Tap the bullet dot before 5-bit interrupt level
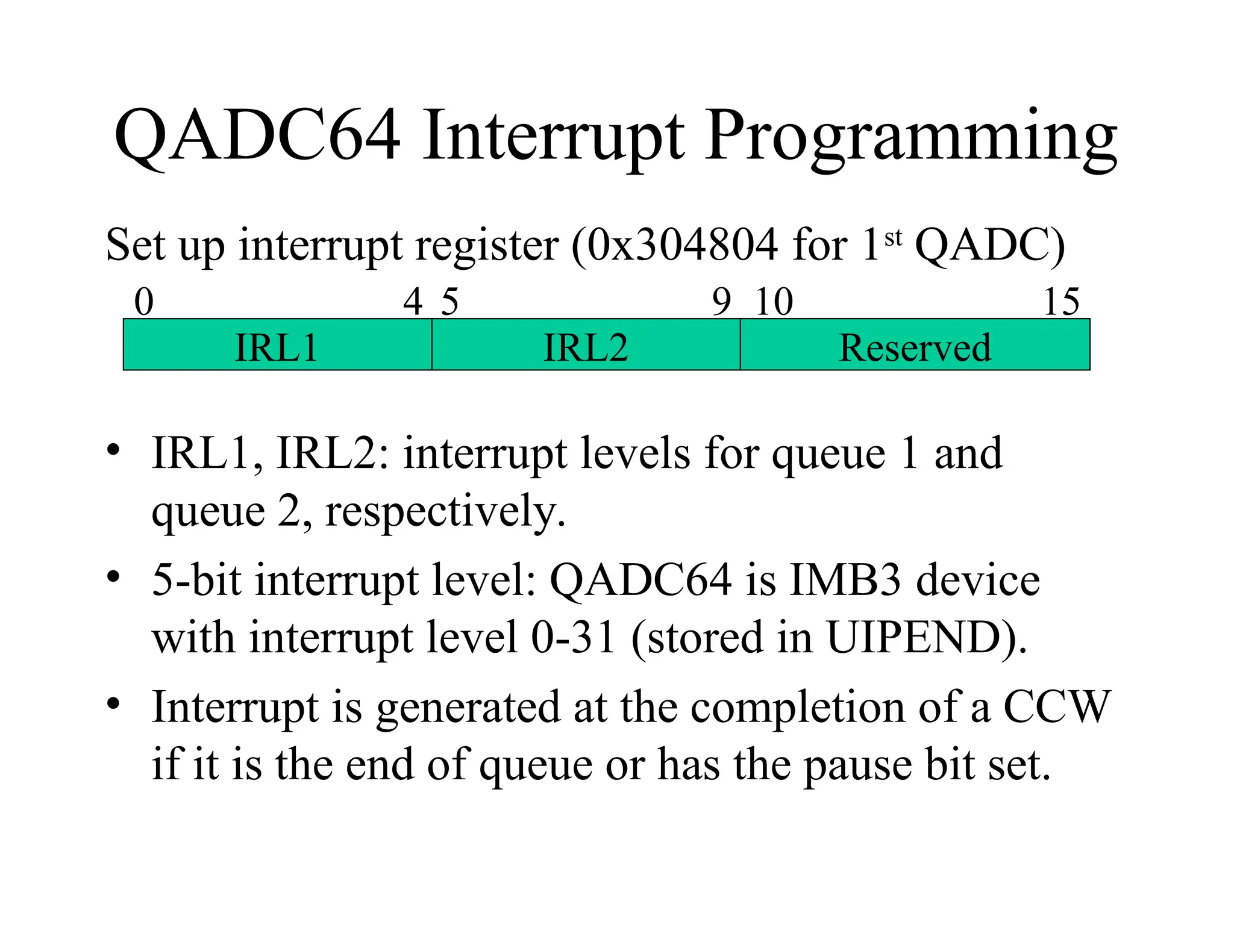click(x=113, y=577)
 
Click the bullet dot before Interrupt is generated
click(x=113, y=703)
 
